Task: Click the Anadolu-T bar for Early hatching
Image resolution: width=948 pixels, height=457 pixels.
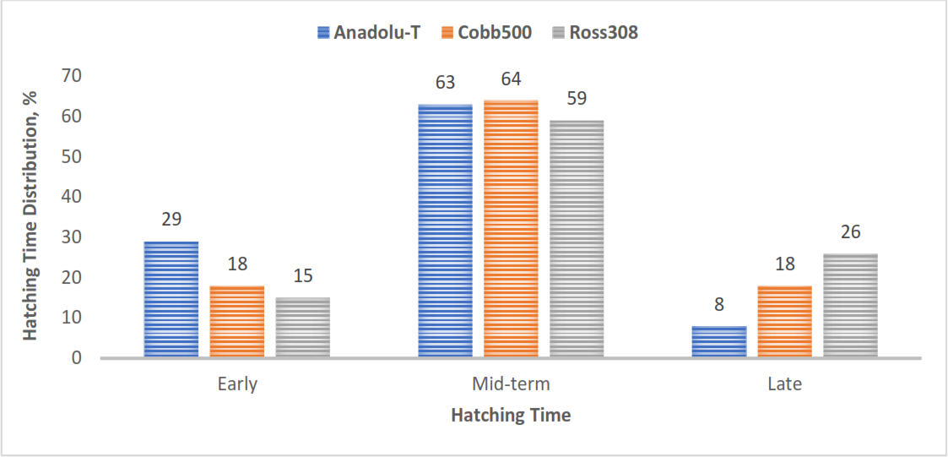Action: (x=171, y=300)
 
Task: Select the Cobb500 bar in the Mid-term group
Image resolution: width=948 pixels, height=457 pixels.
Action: (x=511, y=229)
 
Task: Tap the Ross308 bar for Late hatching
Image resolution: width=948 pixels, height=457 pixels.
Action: (x=850, y=306)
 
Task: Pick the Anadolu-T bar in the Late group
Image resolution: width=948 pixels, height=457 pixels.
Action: (x=719, y=342)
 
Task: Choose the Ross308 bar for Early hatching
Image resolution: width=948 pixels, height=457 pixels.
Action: (x=302, y=328)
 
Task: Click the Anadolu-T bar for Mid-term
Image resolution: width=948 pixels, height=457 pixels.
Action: (x=446, y=231)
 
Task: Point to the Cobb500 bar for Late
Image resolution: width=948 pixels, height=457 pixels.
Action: (x=784, y=322)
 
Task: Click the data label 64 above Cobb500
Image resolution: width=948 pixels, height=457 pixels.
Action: (x=511, y=79)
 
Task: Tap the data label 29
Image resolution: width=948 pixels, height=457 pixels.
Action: (x=171, y=220)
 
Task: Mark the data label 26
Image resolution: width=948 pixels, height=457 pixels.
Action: (x=850, y=232)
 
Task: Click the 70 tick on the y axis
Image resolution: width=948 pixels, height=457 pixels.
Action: (x=72, y=76)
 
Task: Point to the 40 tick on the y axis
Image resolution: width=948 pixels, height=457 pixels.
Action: (x=72, y=197)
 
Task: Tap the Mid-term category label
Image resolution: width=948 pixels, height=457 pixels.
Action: (x=511, y=384)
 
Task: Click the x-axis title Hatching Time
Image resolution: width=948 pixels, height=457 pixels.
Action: (x=511, y=416)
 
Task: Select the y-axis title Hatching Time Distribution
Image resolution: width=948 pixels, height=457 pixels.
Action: (x=31, y=215)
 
